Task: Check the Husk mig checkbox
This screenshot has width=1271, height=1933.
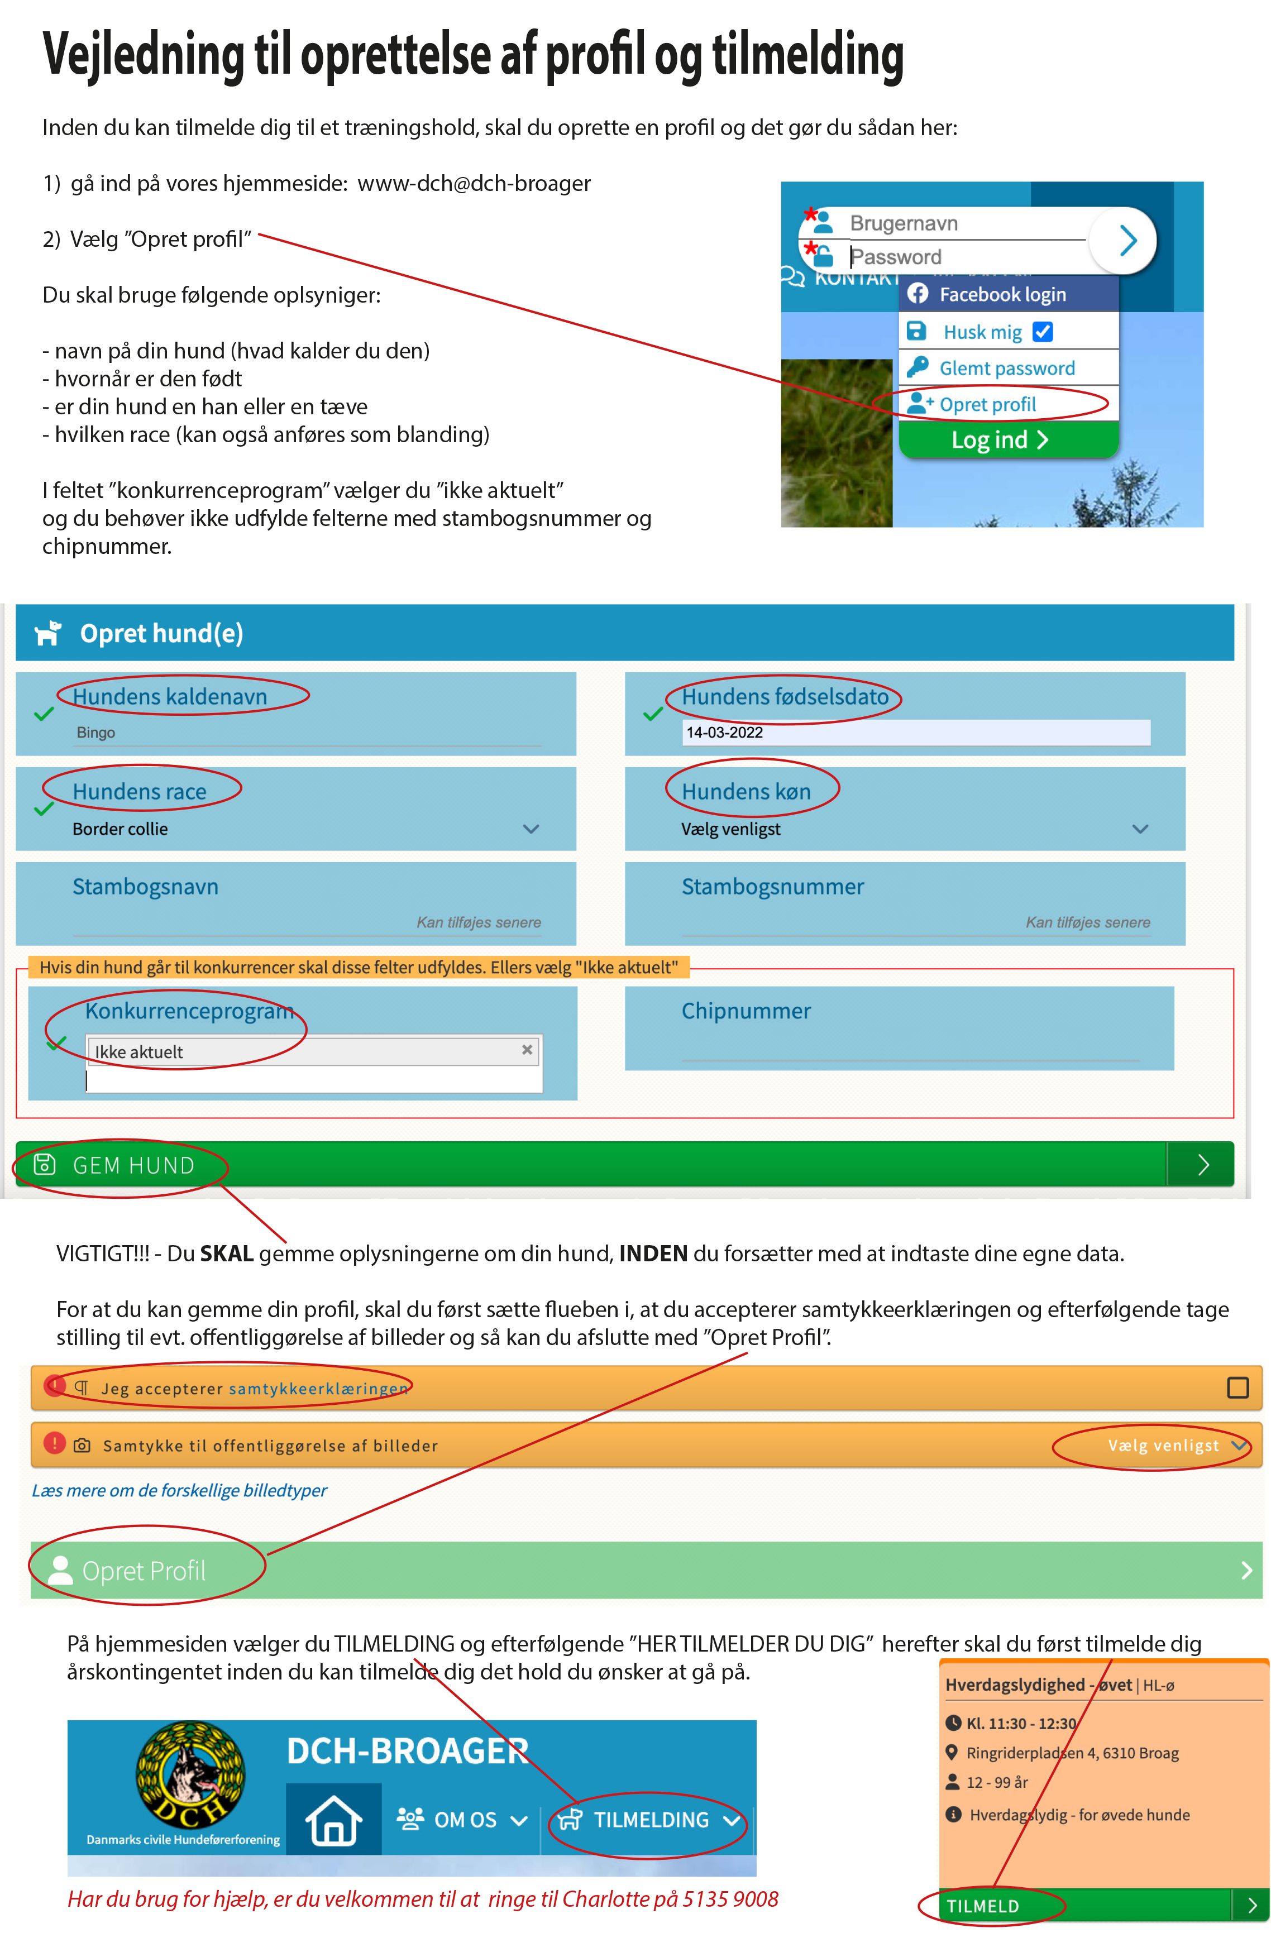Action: pyautogui.click(x=1043, y=331)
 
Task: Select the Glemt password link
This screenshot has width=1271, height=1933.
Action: pyautogui.click(x=1006, y=368)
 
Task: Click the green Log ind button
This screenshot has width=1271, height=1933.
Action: pyautogui.click(x=1000, y=439)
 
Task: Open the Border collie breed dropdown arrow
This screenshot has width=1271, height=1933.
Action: pyautogui.click(x=531, y=829)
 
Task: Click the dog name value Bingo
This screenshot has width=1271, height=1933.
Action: pyautogui.click(x=96, y=733)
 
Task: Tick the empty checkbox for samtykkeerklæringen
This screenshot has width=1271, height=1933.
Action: pyautogui.click(x=1237, y=1387)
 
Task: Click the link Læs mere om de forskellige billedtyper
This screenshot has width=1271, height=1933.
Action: pyautogui.click(x=179, y=1490)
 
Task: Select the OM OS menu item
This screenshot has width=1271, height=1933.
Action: pyautogui.click(x=464, y=1819)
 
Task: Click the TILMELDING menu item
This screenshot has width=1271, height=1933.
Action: pyautogui.click(x=649, y=1819)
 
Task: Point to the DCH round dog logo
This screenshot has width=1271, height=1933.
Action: pyautogui.click(x=190, y=1774)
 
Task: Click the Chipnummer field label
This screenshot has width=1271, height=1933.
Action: pyautogui.click(x=746, y=1011)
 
